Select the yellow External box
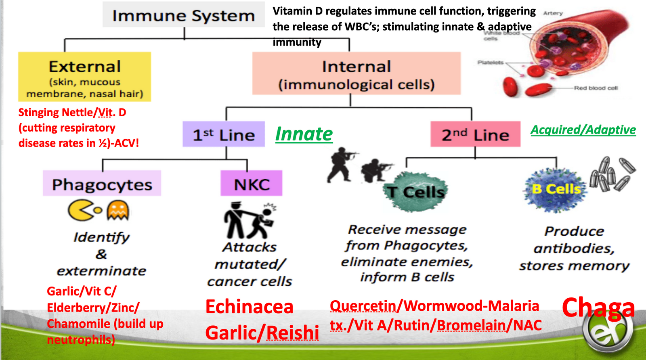84,77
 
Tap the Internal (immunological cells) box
356,73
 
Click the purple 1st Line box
224,134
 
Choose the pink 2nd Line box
475,134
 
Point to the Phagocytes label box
102,184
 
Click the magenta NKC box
251,184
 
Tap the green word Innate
304,134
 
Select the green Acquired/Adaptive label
583,130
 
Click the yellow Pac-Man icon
81,210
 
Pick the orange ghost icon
117,210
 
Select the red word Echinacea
249,307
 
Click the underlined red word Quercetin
363,306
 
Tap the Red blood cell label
596,88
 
